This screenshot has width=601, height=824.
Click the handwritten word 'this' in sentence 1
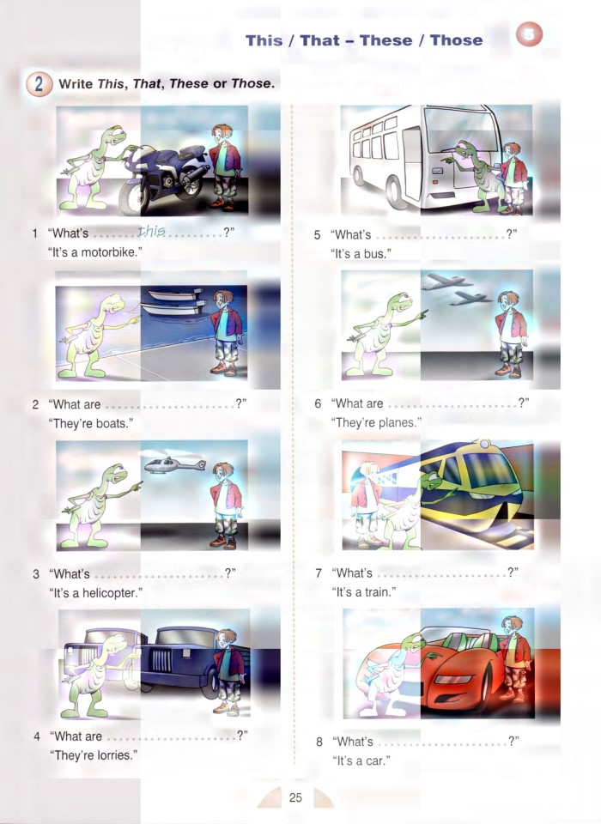pyautogui.click(x=152, y=231)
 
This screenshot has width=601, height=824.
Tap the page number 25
pyautogui.click(x=295, y=797)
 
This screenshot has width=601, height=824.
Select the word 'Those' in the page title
pyautogui.click(x=456, y=40)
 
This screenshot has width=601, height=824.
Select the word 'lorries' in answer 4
pyautogui.click(x=111, y=755)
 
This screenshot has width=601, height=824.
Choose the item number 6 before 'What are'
pyautogui.click(x=318, y=403)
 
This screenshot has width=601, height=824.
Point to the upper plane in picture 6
pyautogui.click(x=446, y=281)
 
